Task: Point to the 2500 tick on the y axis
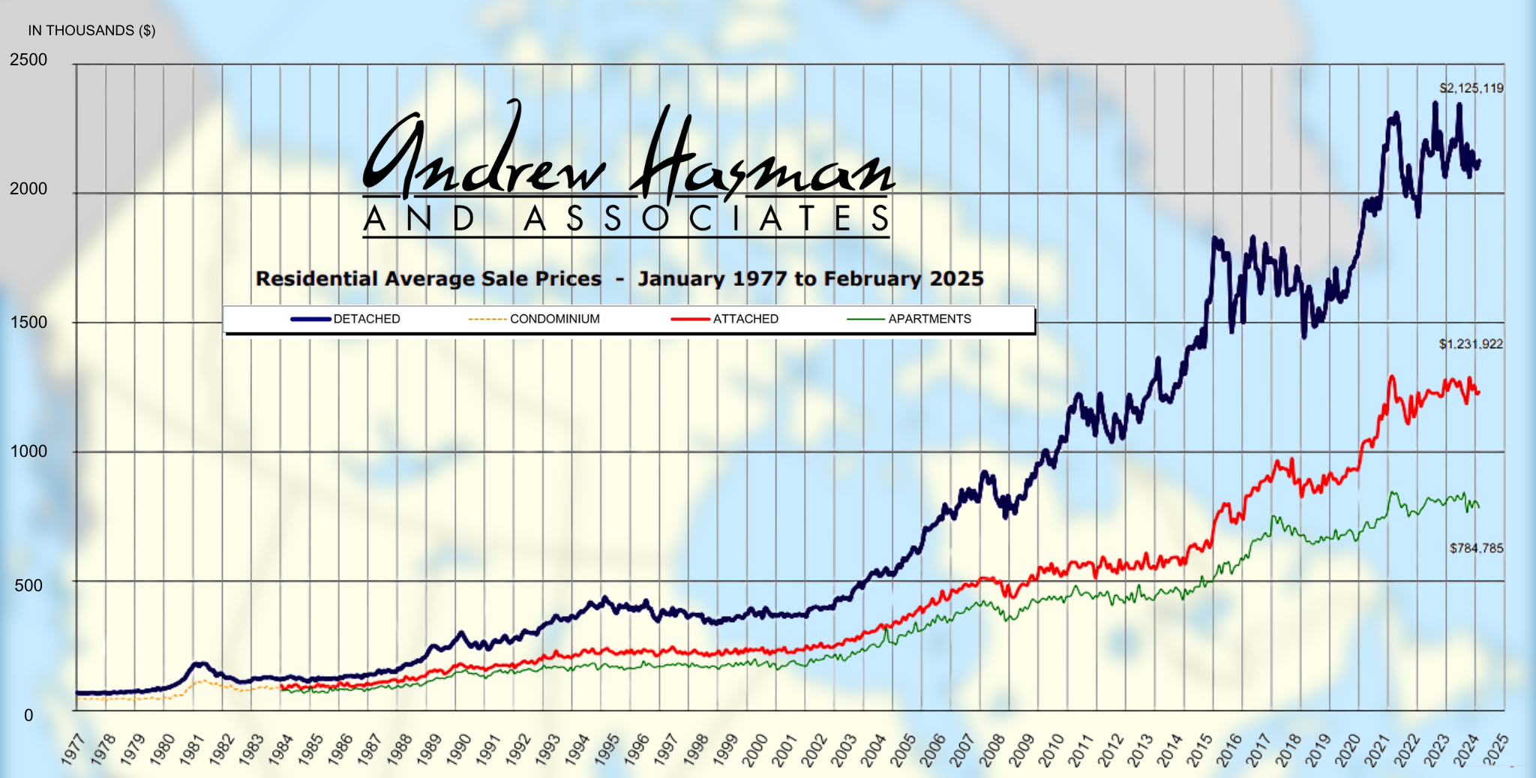tap(28, 60)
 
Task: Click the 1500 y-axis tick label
tap(28, 323)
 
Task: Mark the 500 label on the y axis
tap(28, 585)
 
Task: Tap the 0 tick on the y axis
tap(28, 716)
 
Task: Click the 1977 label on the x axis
tap(73, 749)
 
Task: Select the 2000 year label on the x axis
tap(754, 749)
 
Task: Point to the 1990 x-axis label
tap(458, 749)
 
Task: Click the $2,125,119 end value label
tap(1471, 89)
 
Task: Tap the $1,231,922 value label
tap(1471, 344)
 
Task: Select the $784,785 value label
tap(1476, 548)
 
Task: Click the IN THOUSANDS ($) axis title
tap(91, 31)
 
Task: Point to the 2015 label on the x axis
tap(1199, 749)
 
